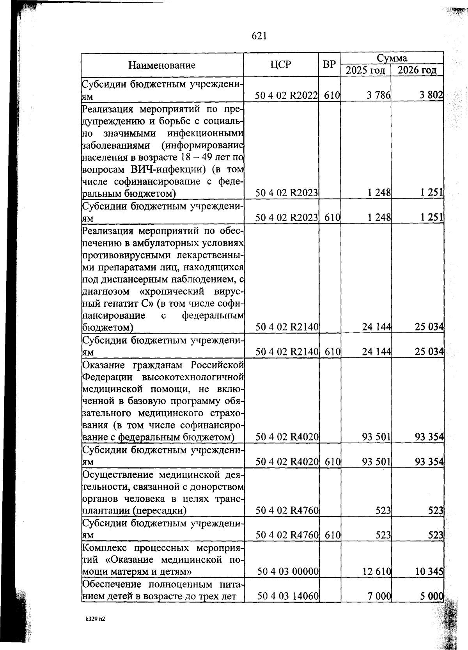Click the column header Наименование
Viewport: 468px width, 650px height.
(162, 65)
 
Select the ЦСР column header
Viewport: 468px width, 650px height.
(280, 64)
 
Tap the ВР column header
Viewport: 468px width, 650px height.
(329, 64)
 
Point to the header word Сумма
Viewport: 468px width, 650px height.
(392, 58)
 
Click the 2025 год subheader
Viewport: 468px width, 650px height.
(366, 71)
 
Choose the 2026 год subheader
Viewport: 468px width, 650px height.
(417, 71)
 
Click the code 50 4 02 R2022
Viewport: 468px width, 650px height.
(286, 96)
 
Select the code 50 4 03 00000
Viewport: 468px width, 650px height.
(288, 572)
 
